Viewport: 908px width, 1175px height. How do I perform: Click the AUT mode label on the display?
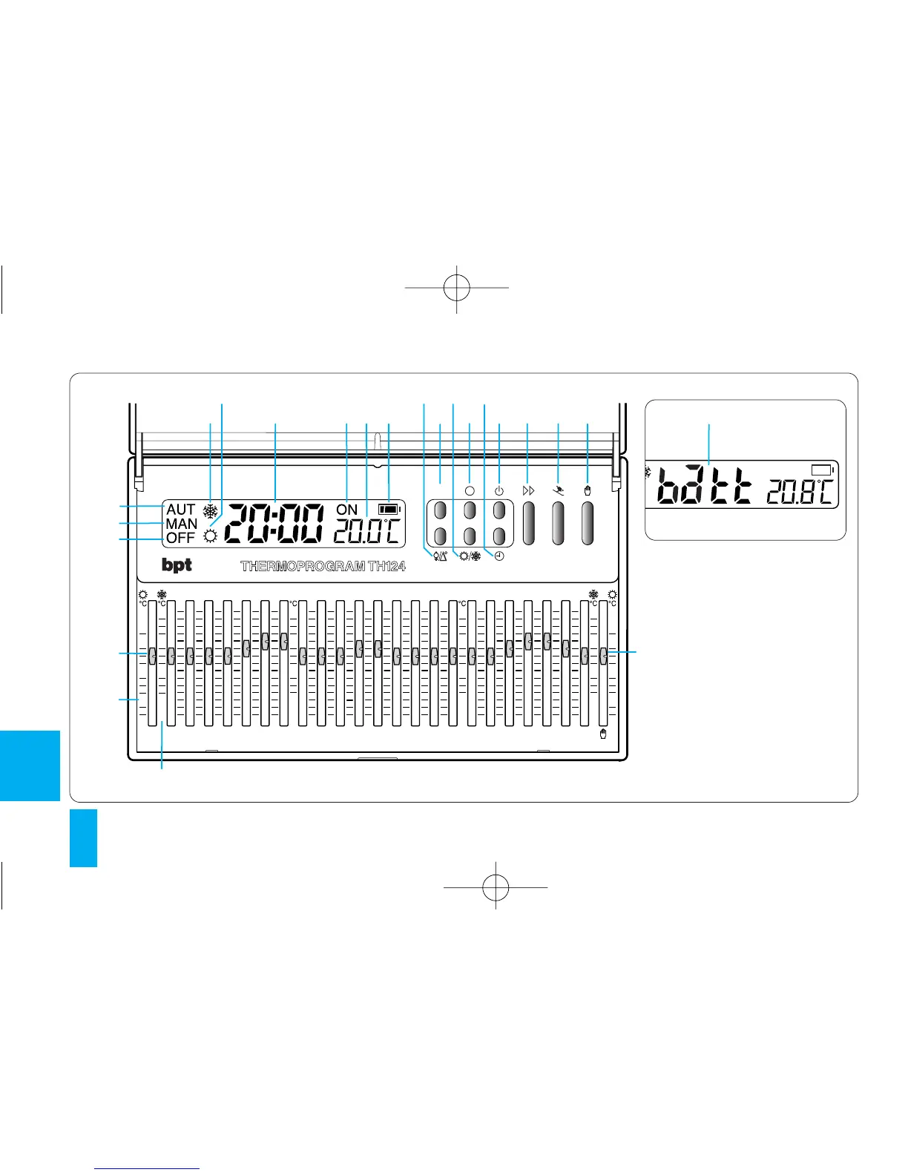tap(180, 510)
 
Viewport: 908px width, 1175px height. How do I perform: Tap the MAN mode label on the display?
tap(181, 524)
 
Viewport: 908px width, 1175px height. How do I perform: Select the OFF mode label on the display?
tap(180, 538)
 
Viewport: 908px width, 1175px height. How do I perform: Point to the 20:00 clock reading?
tap(274, 523)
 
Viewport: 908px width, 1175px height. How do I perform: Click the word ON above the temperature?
tap(346, 510)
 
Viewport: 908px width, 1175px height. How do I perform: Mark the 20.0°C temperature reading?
tap(366, 531)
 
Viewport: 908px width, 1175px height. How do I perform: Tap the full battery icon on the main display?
tap(388, 509)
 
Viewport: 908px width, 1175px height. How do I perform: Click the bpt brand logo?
tap(177, 565)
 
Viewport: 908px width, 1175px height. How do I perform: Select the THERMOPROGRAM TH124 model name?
tap(323, 566)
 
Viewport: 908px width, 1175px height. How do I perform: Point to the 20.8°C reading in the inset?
tap(800, 491)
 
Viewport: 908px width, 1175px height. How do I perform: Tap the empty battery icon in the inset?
tap(822, 470)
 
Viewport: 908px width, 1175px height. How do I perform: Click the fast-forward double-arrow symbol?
tap(528, 491)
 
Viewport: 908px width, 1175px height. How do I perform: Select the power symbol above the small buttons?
tap(499, 491)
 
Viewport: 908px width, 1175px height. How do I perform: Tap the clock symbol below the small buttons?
tap(500, 556)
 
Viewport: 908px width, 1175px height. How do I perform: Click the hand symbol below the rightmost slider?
tap(604, 734)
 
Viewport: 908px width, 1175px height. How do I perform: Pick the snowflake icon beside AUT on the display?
tap(211, 511)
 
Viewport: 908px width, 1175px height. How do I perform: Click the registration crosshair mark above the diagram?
tap(457, 287)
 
